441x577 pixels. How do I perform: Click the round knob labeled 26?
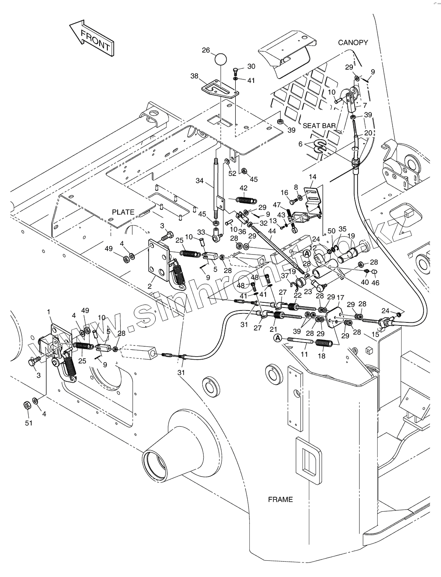click(220, 59)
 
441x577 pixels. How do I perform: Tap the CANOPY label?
click(353, 42)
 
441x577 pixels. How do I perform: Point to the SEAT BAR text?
click(319, 126)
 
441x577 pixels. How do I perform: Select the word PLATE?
click(123, 212)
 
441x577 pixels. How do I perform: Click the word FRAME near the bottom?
click(280, 499)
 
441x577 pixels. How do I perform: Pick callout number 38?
click(195, 76)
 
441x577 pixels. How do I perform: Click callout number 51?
click(29, 423)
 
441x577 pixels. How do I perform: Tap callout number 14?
click(313, 176)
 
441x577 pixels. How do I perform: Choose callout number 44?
click(272, 231)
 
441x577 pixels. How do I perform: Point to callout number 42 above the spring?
click(243, 188)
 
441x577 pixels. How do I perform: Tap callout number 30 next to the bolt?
click(251, 66)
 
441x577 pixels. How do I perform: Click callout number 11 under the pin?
click(304, 354)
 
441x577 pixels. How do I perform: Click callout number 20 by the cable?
click(368, 133)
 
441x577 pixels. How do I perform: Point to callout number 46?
click(375, 283)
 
